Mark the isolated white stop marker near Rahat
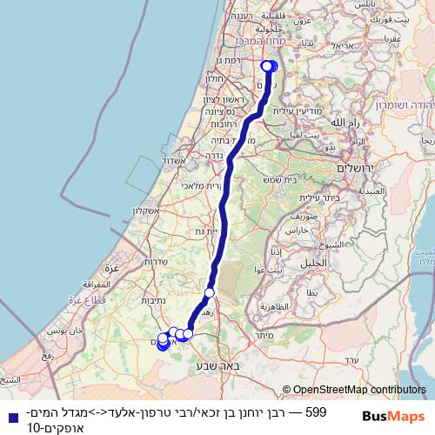(210, 293)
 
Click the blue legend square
(10, 416)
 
